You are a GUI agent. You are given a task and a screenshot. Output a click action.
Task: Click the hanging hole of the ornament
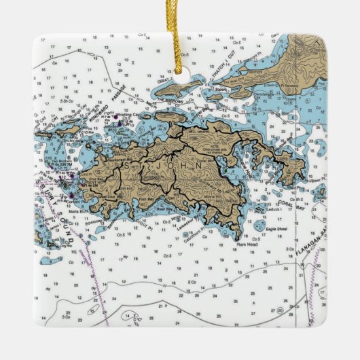(180, 70)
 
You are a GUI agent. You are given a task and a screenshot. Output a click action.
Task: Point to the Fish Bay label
(147, 200)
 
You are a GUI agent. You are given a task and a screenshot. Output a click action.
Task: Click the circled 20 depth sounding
(279, 308)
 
